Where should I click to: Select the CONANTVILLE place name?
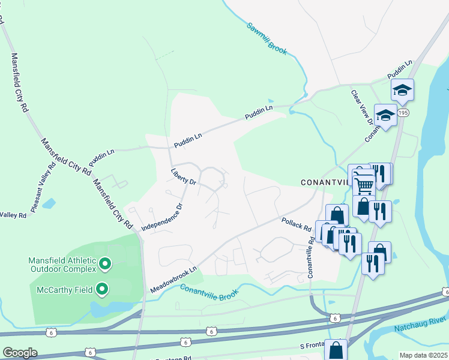pos(324,182)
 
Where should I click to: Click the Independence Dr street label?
pos(161,218)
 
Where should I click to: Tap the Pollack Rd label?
pos(297,225)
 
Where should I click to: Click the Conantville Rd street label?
pos(311,257)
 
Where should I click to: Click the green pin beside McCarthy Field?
pos(101,290)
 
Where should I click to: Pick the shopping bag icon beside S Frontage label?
pos(337,349)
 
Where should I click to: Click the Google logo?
pos(20,353)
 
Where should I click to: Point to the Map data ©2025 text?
pos(424,355)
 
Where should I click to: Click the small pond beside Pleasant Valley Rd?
pos(49,204)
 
